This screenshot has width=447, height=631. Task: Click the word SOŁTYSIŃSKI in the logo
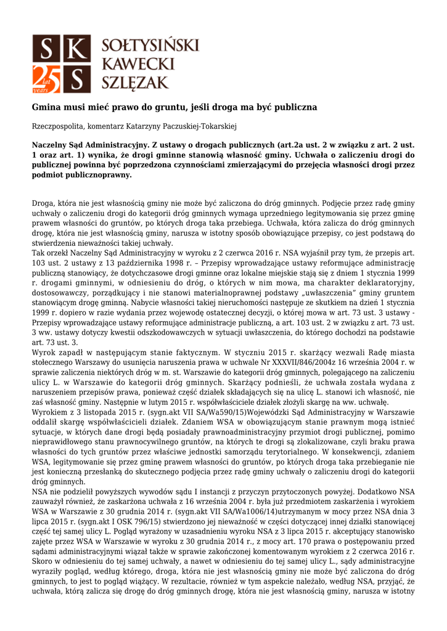tap(150, 45)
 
